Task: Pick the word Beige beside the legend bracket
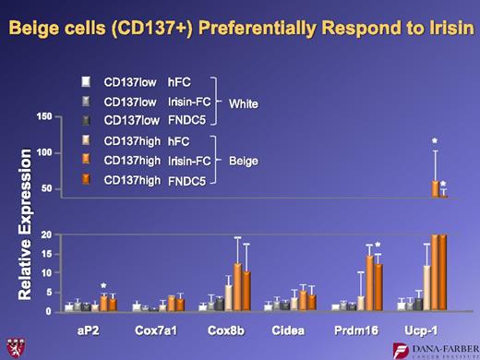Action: (244, 161)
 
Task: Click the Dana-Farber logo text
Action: (442, 347)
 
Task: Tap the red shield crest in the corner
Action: (14, 348)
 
